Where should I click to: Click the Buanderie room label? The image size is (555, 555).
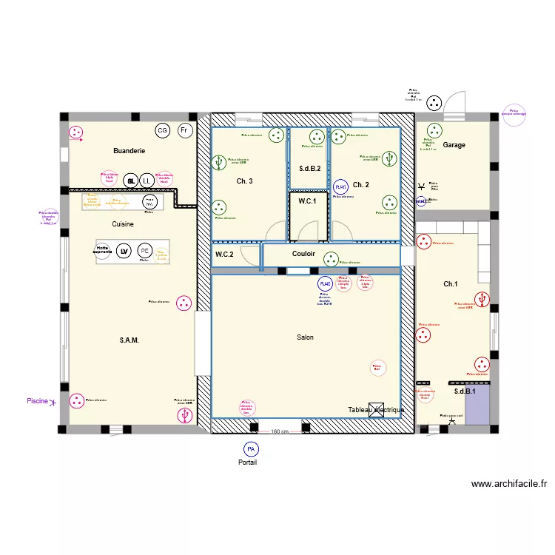point(129,151)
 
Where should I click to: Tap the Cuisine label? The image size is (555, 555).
point(123,223)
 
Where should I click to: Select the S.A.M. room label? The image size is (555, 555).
point(129,340)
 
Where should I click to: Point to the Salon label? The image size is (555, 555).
point(305,337)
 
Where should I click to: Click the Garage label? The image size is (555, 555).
point(454,145)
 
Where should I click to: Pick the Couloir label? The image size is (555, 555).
point(304,254)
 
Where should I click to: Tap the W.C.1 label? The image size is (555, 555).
point(307,201)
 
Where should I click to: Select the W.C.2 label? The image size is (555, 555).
point(224,255)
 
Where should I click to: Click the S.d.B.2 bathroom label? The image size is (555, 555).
point(310,169)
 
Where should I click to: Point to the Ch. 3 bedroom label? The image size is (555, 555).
point(244,181)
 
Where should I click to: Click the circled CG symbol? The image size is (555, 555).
point(162,131)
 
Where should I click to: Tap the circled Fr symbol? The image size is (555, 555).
point(184,131)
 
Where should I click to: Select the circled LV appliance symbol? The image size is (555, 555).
point(124,251)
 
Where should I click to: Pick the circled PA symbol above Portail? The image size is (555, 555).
point(251,448)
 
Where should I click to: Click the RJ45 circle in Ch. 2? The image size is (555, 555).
point(340,187)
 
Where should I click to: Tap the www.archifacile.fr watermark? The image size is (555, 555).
point(509,485)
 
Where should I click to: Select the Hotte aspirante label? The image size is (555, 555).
point(103,250)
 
